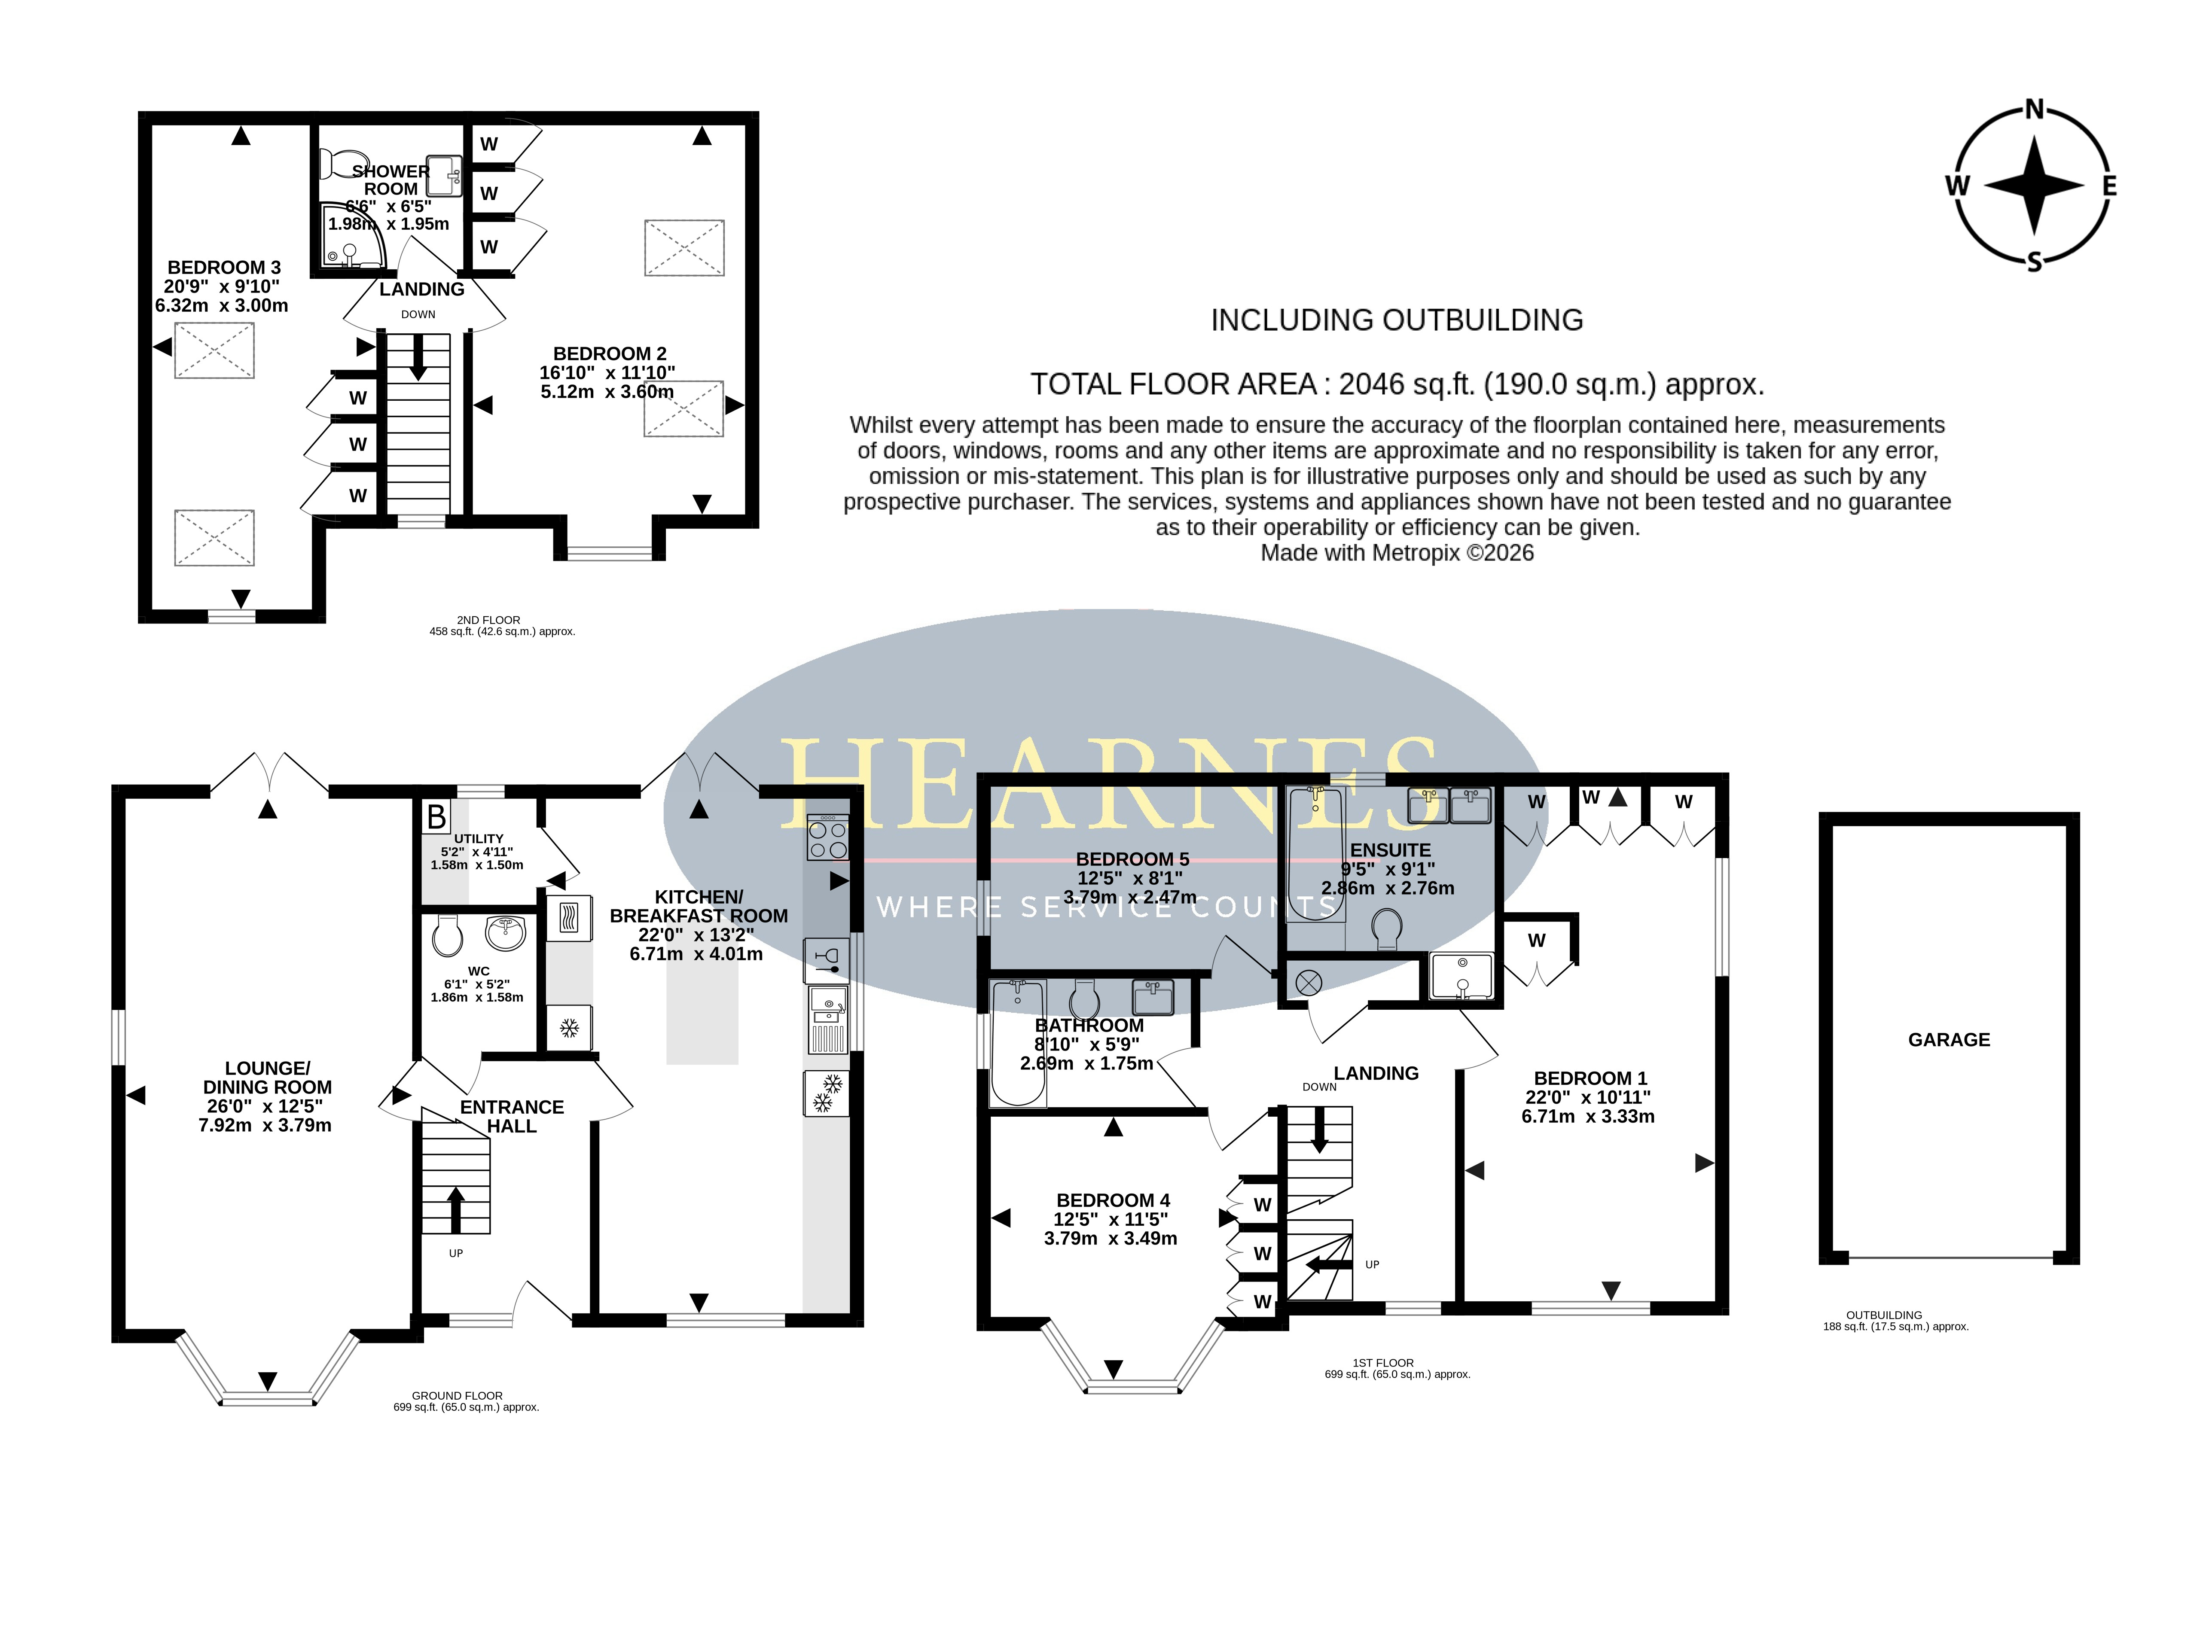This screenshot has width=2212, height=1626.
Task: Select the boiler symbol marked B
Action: coord(435,817)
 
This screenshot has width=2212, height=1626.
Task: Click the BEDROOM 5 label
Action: coord(1132,859)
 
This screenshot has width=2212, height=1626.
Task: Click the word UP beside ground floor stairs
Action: coord(456,1253)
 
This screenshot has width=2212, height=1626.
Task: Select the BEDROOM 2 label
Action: coord(609,353)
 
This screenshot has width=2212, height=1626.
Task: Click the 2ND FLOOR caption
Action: coord(488,620)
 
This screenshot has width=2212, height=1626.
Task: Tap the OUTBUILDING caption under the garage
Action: coord(1883,1315)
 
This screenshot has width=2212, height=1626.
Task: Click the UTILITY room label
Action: coord(479,839)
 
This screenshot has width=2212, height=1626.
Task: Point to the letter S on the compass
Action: coord(2034,262)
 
